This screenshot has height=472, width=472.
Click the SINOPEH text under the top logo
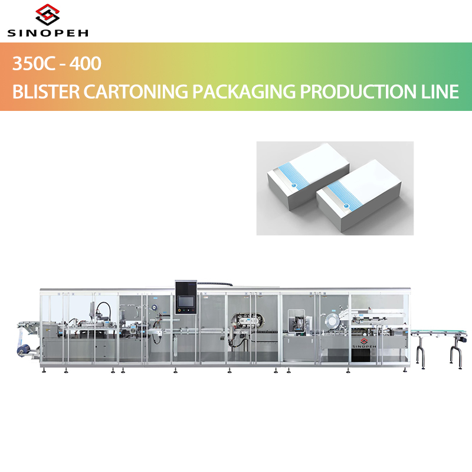pos(47,33)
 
